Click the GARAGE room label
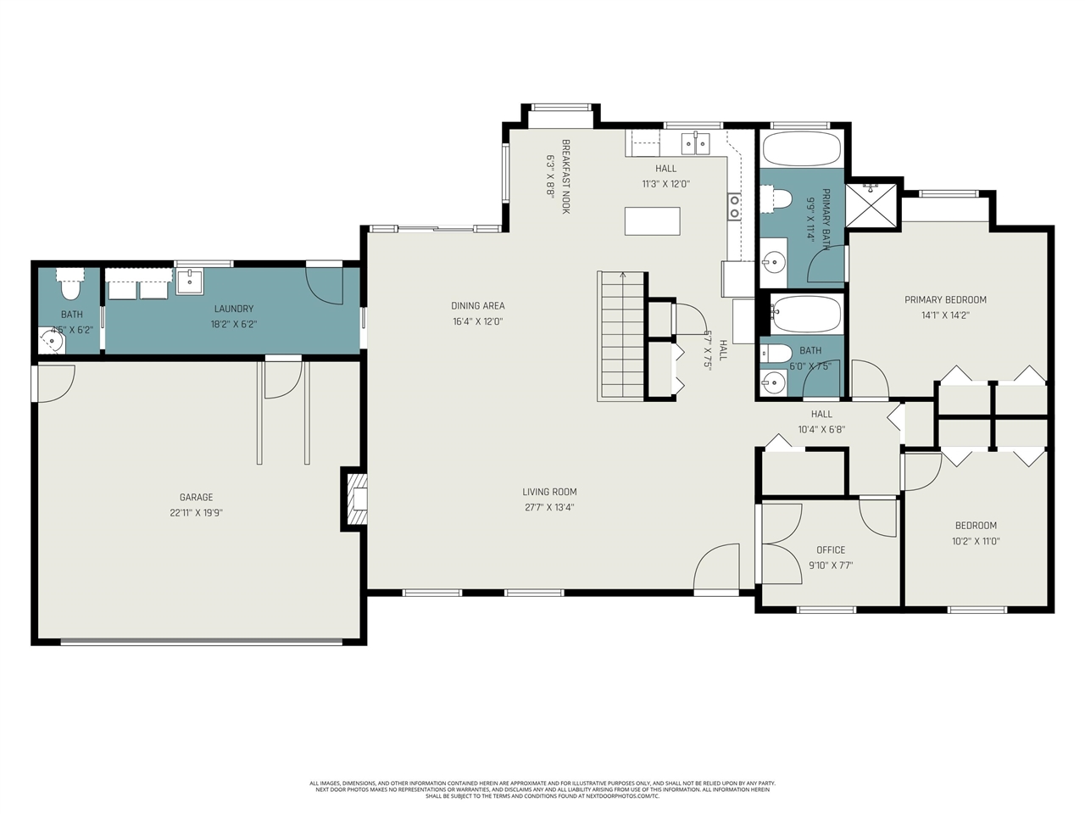(196, 497)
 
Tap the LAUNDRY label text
(234, 309)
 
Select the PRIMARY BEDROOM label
(945, 299)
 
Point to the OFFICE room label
(831, 549)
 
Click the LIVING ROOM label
(549, 492)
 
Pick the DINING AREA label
(477, 306)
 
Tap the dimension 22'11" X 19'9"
(196, 512)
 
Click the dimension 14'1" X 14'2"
(945, 315)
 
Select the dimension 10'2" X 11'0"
(976, 541)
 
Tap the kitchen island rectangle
(652, 220)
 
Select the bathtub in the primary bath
(801, 148)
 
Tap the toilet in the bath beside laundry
(70, 289)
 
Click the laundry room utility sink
(189, 281)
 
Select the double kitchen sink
(697, 142)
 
